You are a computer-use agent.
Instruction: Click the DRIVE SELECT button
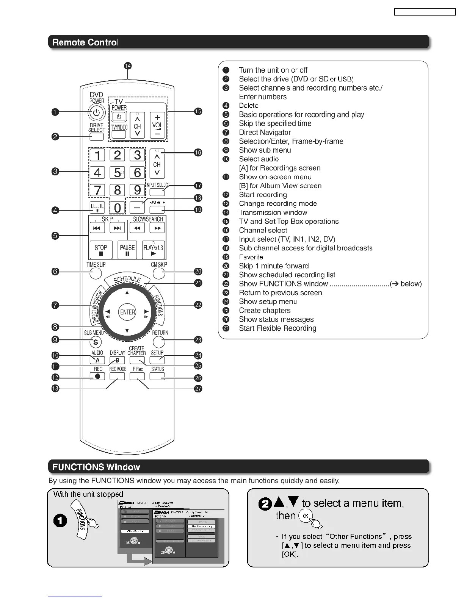pyautogui.click(x=97, y=137)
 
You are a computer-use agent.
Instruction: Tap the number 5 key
pyautogui.click(x=117, y=173)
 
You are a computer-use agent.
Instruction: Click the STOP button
pyautogui.click(x=101, y=250)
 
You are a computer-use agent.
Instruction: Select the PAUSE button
pyautogui.click(x=127, y=250)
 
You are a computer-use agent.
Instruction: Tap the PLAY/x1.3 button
pyautogui.click(x=153, y=250)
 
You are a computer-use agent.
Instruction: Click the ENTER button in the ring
pyautogui.click(x=127, y=312)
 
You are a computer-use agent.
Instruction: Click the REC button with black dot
pyautogui.click(x=98, y=377)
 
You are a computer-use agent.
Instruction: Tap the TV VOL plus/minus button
pyautogui.click(x=157, y=125)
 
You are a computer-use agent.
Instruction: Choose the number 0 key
pyautogui.click(x=118, y=208)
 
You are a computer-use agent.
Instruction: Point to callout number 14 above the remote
pyautogui.click(x=128, y=66)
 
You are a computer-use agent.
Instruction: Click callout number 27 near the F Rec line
pyautogui.click(x=198, y=389)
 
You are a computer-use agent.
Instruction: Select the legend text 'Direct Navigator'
pyautogui.click(x=265, y=133)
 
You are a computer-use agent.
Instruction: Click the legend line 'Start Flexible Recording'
pyautogui.click(x=277, y=328)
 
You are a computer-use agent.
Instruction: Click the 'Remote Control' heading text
pyautogui.click(x=85, y=42)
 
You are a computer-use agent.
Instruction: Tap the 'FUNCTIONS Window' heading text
pyautogui.click(x=96, y=467)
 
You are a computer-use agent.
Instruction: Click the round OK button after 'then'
pyautogui.click(x=306, y=516)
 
